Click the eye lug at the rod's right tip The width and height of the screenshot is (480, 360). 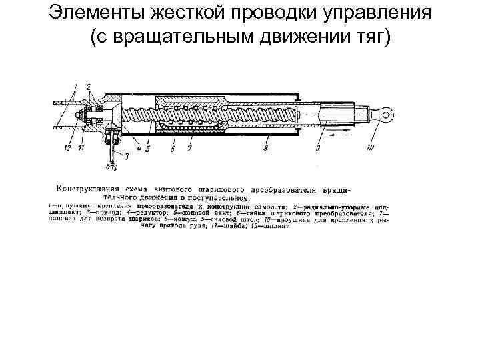pyautogui.click(x=385, y=115)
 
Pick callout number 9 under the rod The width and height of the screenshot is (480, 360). pyautogui.click(x=317, y=149)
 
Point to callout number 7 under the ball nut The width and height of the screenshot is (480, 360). pyautogui.click(x=189, y=149)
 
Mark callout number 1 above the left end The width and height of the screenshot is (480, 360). pyautogui.click(x=75, y=85)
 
